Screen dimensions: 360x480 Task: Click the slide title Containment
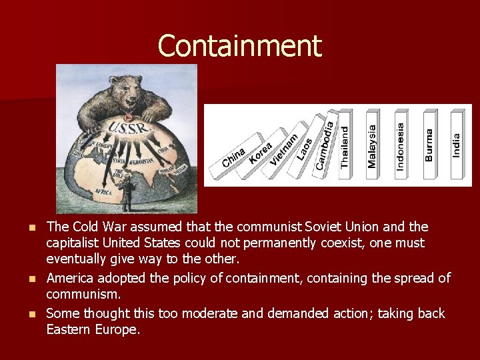coord(239,46)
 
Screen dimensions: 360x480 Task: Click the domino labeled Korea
coord(261,153)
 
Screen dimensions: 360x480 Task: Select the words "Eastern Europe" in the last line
coord(93,329)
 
